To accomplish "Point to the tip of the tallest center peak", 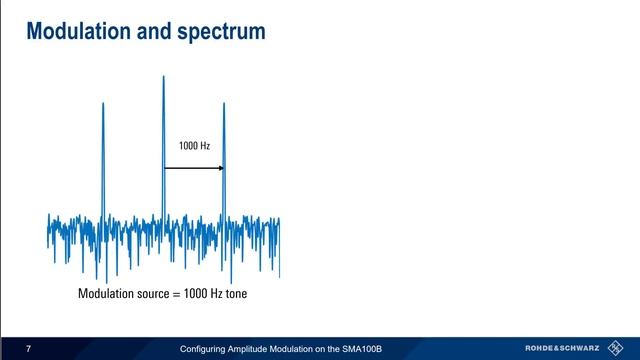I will pyautogui.click(x=163, y=76).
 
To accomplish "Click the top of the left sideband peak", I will pyautogui.click(x=102, y=103).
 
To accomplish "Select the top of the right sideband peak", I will pyautogui.click(x=224, y=103).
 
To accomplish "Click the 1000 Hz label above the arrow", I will pyautogui.click(x=194, y=147).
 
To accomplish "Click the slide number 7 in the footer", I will pyautogui.click(x=29, y=349).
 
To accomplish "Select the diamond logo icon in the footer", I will pyautogui.click(x=618, y=349).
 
